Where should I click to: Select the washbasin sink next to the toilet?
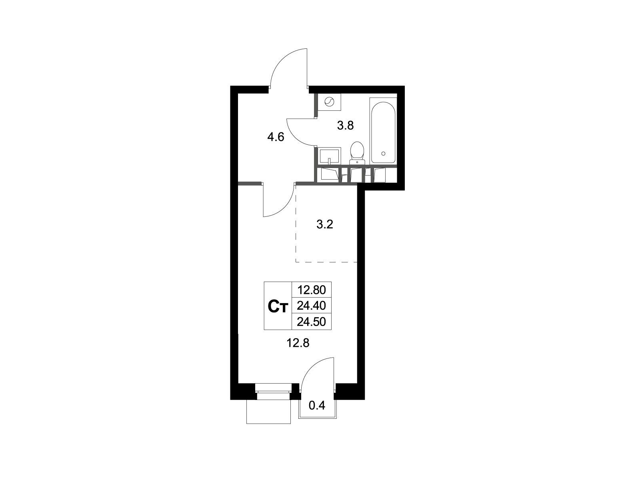[329, 156]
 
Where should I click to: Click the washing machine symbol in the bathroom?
[329, 102]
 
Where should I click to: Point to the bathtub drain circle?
[383, 153]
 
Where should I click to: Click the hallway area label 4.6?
[72, 137]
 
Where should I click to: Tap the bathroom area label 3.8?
[345, 126]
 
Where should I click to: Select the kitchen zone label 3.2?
[324, 224]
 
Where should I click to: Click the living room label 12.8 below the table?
[298, 343]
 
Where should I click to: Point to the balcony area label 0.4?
[317, 406]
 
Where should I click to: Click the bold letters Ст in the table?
[278, 306]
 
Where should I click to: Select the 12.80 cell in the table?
[311, 290]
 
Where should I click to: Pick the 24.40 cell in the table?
[311, 306]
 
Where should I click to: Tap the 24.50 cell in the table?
[311, 322]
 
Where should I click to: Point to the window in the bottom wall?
[273, 392]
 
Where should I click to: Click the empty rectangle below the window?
[268, 412]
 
